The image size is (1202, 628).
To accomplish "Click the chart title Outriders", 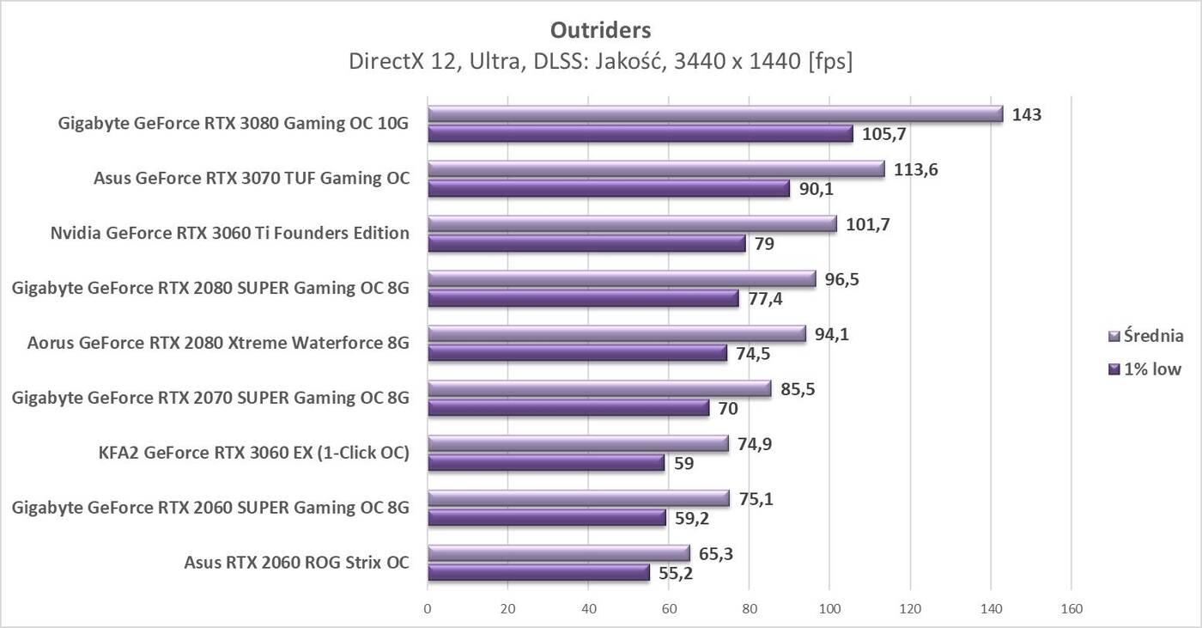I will pyautogui.click(x=600, y=30).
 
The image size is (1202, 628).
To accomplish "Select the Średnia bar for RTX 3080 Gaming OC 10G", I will pyautogui.click(x=715, y=114).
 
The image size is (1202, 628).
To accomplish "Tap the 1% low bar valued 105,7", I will pyautogui.click(x=640, y=134).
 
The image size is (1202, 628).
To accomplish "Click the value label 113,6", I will pyautogui.click(x=916, y=169).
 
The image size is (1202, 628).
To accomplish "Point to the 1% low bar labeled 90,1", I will pyautogui.click(x=609, y=189).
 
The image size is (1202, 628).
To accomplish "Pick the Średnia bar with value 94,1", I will pyautogui.click(x=616, y=334).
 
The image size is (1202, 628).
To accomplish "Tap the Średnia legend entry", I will pyautogui.click(x=1147, y=336).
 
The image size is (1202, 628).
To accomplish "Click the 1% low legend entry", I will pyautogui.click(x=1145, y=369).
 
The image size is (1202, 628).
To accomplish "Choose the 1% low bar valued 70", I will pyautogui.click(x=568, y=408).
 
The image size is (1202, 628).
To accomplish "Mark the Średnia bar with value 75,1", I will pyautogui.click(x=579, y=499).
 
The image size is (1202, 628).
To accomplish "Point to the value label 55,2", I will pyautogui.click(x=677, y=573).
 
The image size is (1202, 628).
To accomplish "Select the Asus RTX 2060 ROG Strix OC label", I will pyautogui.click(x=296, y=564).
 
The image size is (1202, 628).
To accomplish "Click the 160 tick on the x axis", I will pyautogui.click(x=1071, y=609).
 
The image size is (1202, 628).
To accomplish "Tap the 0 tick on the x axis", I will pyautogui.click(x=428, y=609).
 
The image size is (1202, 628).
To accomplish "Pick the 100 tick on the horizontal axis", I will pyautogui.click(x=829, y=609).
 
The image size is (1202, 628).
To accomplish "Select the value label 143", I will pyautogui.click(x=1026, y=114).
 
